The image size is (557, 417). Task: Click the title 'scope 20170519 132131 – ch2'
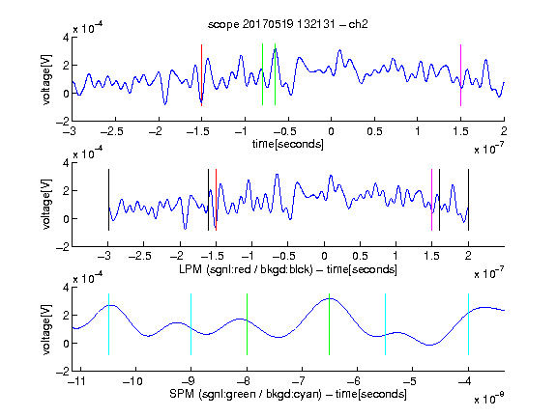[x=288, y=24]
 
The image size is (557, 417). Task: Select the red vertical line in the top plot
[x=201, y=75]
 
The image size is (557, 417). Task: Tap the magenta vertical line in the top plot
[x=460, y=75]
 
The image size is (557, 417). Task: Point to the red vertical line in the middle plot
[x=216, y=200]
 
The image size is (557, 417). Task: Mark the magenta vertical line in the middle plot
[x=431, y=200]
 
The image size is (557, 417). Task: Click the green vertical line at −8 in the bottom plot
[x=247, y=324]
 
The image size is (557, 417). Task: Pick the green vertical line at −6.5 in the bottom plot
[x=330, y=324]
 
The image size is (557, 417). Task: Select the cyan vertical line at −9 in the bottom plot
[x=191, y=324]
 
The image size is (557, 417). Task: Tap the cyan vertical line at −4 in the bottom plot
[x=468, y=324]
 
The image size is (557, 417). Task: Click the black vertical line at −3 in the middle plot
[x=108, y=200]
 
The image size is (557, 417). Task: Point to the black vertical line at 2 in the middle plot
[x=468, y=200]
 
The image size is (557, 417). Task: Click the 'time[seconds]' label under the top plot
[x=288, y=144]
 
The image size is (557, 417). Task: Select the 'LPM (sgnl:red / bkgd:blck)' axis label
[x=246, y=269]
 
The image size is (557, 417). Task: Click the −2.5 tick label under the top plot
[x=111, y=131]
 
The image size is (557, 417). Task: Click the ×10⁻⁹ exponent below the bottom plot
[x=489, y=399]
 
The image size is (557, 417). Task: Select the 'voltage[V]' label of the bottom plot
[x=46, y=329]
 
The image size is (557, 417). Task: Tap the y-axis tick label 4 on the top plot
[x=66, y=38]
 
